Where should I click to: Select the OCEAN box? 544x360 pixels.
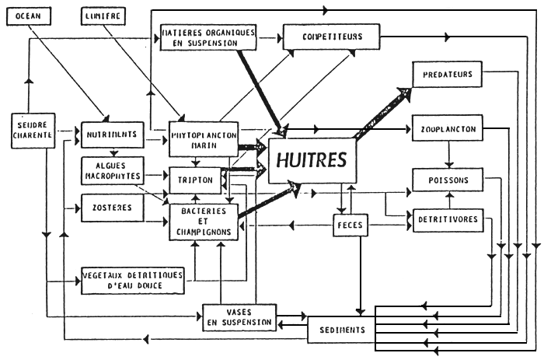click(29, 16)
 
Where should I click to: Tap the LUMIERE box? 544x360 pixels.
click(103, 16)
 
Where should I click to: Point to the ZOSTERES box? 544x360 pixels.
click(108, 208)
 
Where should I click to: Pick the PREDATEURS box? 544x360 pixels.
click(446, 75)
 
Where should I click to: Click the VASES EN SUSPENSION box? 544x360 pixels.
click(239, 315)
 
